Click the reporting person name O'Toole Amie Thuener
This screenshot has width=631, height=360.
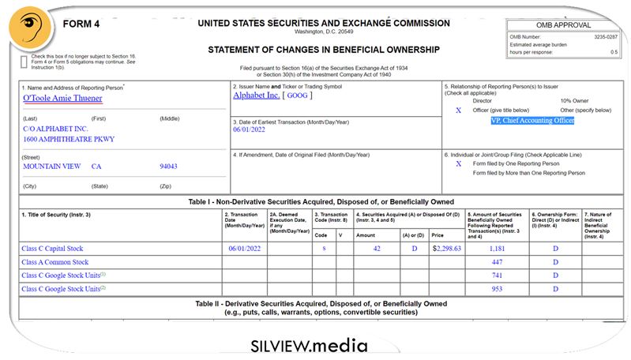(62, 98)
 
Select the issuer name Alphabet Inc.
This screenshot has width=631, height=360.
(257, 96)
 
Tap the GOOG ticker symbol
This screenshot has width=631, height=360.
(297, 96)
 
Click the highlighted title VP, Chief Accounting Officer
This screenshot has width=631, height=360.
(531, 121)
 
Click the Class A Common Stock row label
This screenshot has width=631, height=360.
(55, 262)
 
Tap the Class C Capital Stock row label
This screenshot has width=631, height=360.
(53, 248)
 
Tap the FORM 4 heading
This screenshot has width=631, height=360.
(81, 24)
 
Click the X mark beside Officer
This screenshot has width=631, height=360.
(458, 111)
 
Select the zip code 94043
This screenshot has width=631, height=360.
(168, 167)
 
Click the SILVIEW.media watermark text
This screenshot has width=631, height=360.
(309, 346)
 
